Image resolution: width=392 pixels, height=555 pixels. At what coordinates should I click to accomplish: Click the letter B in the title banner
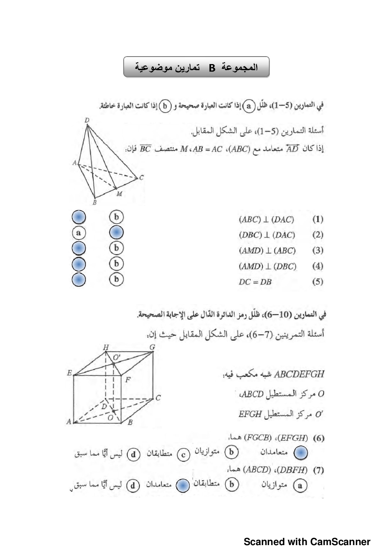[212, 68]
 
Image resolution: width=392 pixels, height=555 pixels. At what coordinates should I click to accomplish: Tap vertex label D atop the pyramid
[87, 120]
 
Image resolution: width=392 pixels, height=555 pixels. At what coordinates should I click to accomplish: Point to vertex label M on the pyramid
[119, 194]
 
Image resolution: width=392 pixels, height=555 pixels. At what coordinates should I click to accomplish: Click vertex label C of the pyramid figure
[141, 178]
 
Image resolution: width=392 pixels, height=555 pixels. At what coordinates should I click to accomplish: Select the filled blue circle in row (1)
[79, 217]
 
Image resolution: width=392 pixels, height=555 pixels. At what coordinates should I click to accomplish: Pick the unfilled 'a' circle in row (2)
[79, 233]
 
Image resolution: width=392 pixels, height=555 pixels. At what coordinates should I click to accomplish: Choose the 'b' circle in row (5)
[116, 279]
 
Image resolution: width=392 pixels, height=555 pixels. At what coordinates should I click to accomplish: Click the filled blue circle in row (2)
[116, 233]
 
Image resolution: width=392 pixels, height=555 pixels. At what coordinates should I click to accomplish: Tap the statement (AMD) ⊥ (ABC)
[267, 251]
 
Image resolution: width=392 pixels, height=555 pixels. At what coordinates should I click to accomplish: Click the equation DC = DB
[255, 282]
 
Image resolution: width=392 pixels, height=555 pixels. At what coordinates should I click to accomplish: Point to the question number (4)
[318, 266]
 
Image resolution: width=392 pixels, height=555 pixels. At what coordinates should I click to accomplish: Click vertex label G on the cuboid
[152, 347]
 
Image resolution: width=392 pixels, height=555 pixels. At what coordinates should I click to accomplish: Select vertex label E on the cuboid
[70, 373]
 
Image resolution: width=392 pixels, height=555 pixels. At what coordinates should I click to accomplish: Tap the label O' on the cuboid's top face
[117, 358]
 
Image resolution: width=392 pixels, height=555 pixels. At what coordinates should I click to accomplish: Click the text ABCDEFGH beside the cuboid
[299, 374]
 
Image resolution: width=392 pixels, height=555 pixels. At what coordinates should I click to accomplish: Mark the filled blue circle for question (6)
[301, 453]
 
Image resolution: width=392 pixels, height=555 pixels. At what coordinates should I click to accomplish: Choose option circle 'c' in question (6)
[183, 455]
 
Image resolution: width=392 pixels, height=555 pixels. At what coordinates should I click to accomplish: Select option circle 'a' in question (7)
[300, 485]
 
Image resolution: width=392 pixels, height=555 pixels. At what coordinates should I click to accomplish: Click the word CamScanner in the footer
[340, 542]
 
